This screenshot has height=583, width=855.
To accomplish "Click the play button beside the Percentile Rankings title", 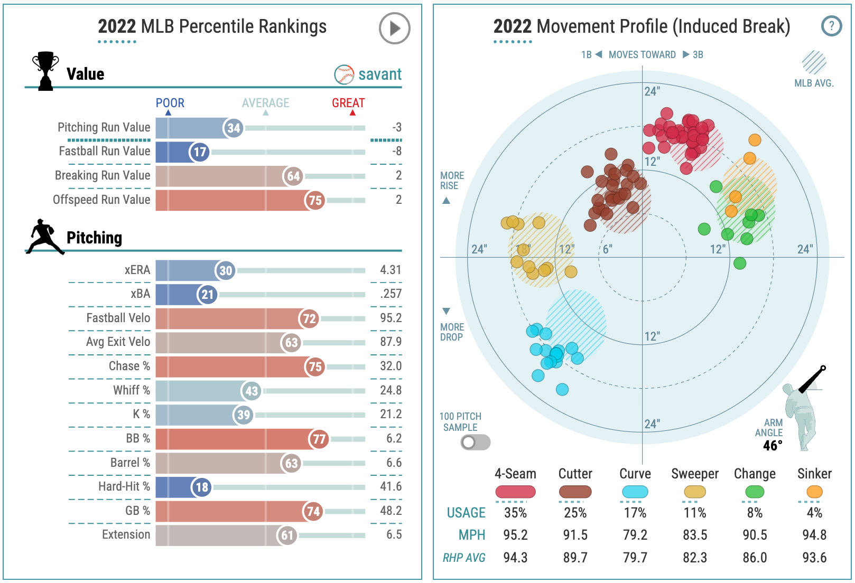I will click(x=394, y=28).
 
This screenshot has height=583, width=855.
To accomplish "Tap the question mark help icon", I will click(x=831, y=25).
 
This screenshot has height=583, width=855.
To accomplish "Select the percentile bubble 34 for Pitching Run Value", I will click(x=233, y=128).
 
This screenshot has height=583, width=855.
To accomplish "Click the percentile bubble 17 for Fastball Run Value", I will click(x=199, y=152).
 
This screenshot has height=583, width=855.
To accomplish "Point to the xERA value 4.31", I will click(x=391, y=270).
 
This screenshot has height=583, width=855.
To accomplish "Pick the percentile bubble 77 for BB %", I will click(x=319, y=439).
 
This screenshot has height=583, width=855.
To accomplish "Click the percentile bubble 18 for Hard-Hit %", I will click(x=201, y=487).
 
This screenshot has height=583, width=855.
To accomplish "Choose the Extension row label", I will click(x=126, y=534).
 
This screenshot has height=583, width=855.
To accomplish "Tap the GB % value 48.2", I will click(x=391, y=511).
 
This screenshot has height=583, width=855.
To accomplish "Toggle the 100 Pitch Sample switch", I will click(x=475, y=442).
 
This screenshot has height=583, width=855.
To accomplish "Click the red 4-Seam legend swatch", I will click(x=515, y=492).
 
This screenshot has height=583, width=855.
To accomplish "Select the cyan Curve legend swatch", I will click(x=635, y=492).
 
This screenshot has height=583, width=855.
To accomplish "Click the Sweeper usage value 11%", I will click(x=694, y=513).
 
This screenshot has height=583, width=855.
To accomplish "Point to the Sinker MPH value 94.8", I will click(x=814, y=535).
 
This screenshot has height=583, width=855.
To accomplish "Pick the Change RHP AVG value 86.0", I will click(x=755, y=558).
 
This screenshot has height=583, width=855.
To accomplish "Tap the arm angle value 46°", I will click(x=772, y=446).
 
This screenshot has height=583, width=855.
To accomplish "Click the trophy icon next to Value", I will click(x=45, y=71).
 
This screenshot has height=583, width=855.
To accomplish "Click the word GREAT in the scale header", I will click(x=348, y=103).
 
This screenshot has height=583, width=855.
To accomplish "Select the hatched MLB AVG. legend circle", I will click(x=814, y=62).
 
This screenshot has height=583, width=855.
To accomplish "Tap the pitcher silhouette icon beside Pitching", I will click(x=45, y=237).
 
